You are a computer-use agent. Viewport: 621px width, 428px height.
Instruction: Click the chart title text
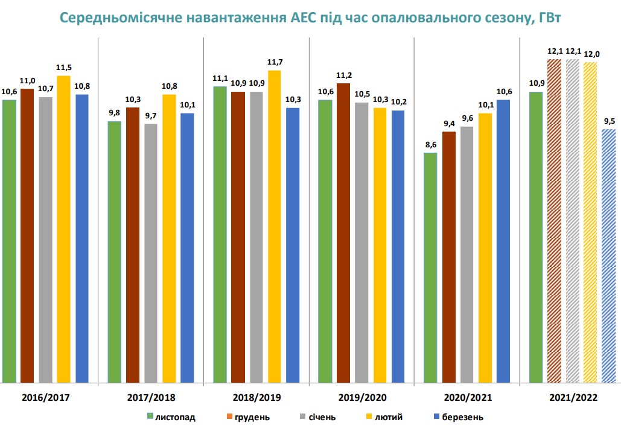pyautogui.click(x=311, y=18)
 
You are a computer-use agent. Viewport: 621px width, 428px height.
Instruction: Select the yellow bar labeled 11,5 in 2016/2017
pyautogui.click(x=63, y=229)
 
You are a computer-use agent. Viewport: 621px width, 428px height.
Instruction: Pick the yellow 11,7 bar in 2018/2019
pyautogui.click(x=275, y=226)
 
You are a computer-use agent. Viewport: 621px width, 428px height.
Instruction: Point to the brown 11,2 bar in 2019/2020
pyautogui.click(x=343, y=233)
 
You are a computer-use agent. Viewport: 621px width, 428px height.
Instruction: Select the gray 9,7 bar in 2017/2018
pyautogui.click(x=151, y=253)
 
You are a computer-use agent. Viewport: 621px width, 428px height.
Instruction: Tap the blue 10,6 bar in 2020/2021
pyautogui.click(x=503, y=241)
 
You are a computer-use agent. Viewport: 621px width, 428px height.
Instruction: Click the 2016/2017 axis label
pyautogui.click(x=46, y=398)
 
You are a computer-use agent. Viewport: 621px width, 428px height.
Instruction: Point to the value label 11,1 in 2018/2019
pyautogui.click(x=220, y=79)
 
